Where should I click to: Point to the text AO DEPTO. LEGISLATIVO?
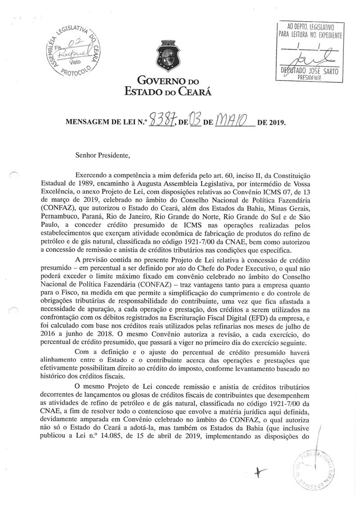pyautogui.click(x=310, y=27)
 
